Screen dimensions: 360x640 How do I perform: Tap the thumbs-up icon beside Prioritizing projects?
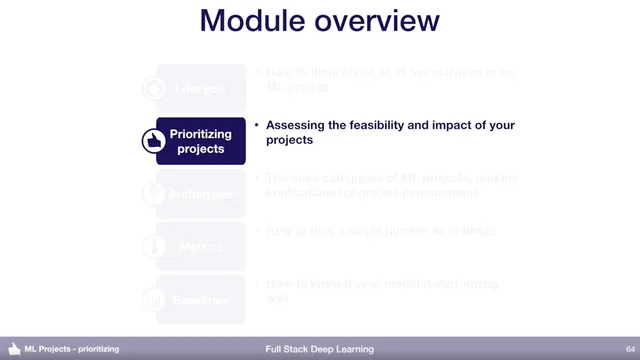(x=154, y=142)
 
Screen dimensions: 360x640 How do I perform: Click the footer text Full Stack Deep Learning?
(x=320, y=349)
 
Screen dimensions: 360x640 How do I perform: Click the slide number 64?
(x=616, y=349)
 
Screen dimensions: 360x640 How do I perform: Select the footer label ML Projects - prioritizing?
(x=72, y=349)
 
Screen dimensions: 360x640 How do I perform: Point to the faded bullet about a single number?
(x=380, y=231)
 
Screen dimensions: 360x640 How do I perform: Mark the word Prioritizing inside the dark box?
(x=201, y=134)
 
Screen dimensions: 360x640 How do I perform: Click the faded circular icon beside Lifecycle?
(x=154, y=88)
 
